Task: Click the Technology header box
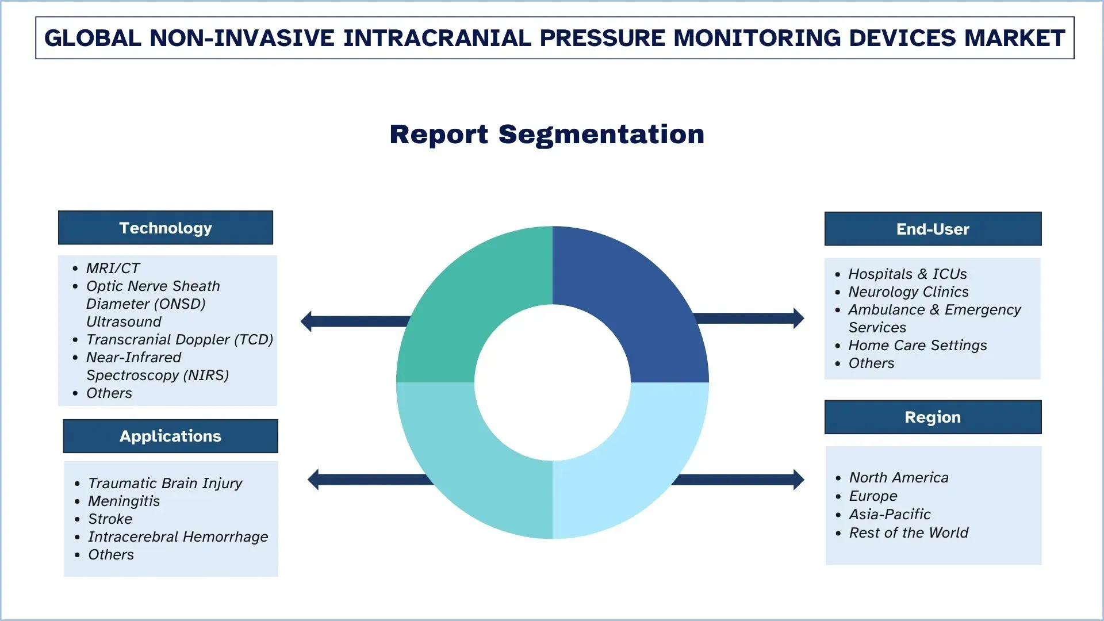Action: pos(166,228)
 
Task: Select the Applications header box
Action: pos(170,436)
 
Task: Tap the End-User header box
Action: pos(933,229)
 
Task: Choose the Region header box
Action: pos(933,417)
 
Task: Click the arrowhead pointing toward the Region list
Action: pos(798,480)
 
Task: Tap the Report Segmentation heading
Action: pos(547,135)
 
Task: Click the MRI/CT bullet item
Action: pos(113,268)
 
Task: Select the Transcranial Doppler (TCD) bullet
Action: pos(179,339)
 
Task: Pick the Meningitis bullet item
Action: pos(124,501)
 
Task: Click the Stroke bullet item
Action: pos(110,519)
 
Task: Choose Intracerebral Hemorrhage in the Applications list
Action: pos(178,536)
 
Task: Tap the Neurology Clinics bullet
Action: pos(908,292)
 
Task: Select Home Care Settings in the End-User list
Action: pos(917,345)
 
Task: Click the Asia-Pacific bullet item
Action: pos(890,514)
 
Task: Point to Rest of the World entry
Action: pos(908,532)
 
